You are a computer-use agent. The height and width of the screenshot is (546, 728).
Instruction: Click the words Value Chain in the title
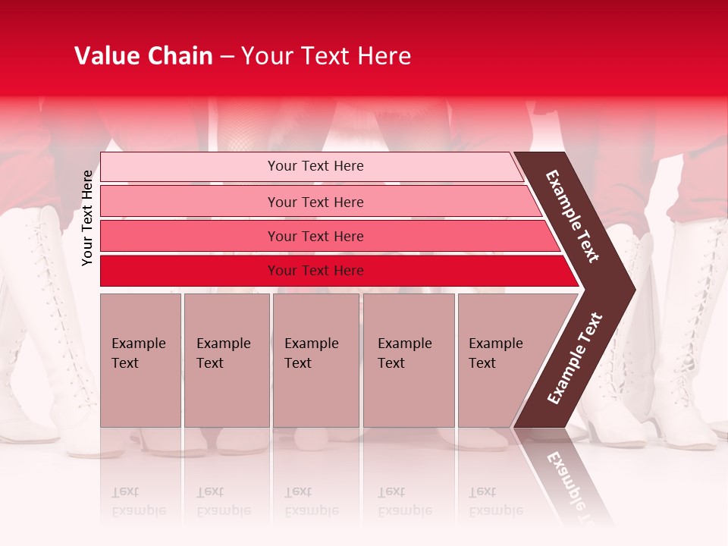(143, 56)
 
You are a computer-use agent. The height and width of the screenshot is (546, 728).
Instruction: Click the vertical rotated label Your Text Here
(87, 218)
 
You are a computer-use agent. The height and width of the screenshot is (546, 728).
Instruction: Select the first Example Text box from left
(140, 360)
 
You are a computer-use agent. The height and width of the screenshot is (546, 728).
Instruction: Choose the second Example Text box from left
(226, 360)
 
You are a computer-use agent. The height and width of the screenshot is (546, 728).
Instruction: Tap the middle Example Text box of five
(315, 360)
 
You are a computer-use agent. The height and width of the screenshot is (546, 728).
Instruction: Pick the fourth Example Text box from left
(408, 360)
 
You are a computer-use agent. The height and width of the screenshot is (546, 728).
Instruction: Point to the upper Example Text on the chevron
(573, 216)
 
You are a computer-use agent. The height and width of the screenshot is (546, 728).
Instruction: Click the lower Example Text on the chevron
(575, 358)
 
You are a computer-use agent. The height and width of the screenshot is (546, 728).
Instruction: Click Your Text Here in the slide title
(326, 56)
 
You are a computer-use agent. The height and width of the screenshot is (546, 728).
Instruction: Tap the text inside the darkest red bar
(315, 271)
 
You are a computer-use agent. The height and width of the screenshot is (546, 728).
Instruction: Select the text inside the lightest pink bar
(315, 166)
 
